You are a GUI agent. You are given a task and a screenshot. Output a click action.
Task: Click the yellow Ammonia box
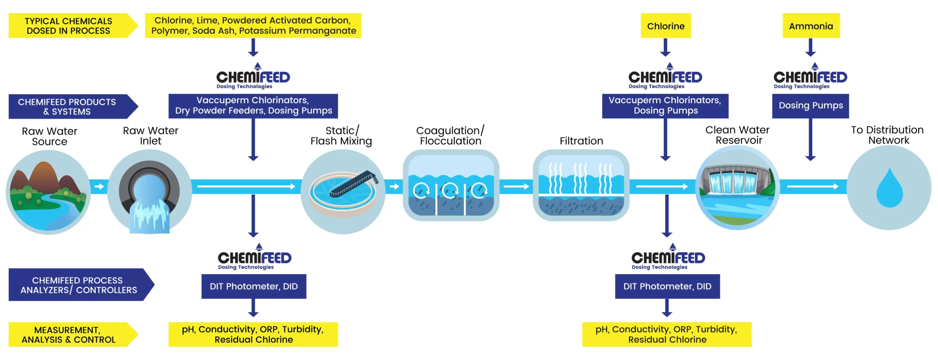[810, 26]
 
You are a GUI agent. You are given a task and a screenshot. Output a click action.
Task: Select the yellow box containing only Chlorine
[665, 26]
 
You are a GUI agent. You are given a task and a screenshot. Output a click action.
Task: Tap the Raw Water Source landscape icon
[48, 192]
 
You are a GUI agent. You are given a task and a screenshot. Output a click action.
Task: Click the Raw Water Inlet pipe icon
[149, 193]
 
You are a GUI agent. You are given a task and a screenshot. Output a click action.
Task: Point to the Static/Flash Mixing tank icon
[343, 192]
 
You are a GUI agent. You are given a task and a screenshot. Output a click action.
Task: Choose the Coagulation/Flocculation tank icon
[451, 185]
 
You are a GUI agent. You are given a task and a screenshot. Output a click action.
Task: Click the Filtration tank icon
[581, 185]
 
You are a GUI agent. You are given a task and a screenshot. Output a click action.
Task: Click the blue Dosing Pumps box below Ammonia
[810, 106]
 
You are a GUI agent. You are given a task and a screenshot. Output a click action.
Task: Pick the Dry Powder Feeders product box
[253, 106]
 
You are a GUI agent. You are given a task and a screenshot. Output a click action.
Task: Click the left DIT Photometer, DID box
[254, 286]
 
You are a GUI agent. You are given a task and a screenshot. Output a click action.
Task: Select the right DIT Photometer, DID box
[667, 286]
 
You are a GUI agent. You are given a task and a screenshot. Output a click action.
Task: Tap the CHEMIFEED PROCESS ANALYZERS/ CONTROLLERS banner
[79, 285]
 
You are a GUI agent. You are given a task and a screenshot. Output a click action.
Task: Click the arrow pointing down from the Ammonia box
[810, 48]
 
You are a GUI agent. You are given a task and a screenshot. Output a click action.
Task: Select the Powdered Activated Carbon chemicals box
[253, 26]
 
